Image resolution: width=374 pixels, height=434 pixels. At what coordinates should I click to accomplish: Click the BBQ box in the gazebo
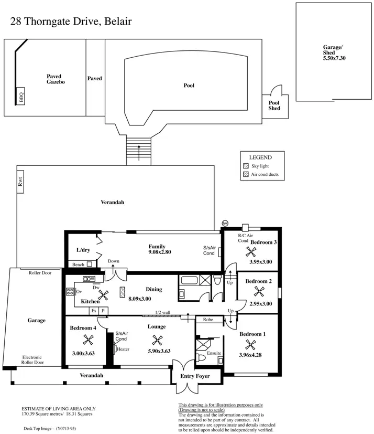pos(21,96)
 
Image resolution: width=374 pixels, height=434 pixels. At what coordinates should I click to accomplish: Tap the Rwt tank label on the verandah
pos(20,182)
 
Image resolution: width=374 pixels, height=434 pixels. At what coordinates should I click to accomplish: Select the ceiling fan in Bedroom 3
pos(251,252)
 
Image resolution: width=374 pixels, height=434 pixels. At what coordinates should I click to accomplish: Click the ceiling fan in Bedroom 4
pos(89,340)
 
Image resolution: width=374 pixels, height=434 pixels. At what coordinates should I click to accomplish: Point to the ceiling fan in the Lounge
pos(157,341)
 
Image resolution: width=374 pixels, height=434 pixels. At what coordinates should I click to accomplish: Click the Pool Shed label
pos(274,105)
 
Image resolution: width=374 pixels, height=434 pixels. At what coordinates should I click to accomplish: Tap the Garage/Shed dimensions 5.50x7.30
pos(334,58)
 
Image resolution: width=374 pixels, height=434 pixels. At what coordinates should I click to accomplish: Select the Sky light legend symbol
pos(246,166)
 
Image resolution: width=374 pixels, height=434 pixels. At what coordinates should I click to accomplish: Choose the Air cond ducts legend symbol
pos(246,174)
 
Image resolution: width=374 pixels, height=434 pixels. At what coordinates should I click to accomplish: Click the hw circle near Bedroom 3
pos(225,223)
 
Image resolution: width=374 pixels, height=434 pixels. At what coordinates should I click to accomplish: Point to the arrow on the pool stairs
pos(139,153)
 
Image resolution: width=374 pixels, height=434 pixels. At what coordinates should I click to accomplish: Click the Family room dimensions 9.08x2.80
pos(160,252)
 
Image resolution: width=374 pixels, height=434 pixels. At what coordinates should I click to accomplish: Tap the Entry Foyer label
pos(195,376)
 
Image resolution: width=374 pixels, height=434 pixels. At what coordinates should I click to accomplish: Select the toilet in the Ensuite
pos(201,357)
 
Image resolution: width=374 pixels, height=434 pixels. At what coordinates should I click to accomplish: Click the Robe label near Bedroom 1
pos(208,320)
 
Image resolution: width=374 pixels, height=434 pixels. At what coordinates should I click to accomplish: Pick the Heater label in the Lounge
pos(123,349)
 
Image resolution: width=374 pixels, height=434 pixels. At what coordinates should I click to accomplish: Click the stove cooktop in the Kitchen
pos(70,291)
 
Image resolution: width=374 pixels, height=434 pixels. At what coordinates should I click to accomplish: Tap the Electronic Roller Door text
pos(32,360)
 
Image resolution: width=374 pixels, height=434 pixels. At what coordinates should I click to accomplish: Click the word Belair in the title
pos(118,22)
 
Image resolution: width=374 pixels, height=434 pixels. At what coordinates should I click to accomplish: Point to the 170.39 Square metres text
pos(42,414)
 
